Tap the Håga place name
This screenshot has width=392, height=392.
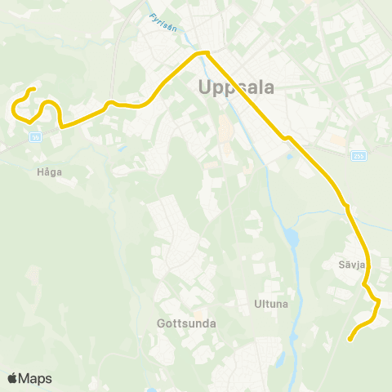tap(49, 171)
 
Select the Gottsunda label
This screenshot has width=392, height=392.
tap(185, 323)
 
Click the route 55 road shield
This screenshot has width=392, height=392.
tap(35, 138)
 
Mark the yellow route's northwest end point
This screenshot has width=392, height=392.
tap(33, 89)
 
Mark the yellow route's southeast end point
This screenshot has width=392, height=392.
tap(350, 338)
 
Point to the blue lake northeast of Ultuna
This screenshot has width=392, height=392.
tap(291, 240)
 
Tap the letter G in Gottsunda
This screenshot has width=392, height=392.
tap(161, 323)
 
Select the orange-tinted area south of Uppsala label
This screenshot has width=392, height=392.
tap(224, 131)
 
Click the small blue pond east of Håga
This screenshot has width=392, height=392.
tap(120, 149)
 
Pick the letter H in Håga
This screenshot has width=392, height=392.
tap(39, 171)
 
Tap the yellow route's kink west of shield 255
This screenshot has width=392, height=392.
tap(287, 138)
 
